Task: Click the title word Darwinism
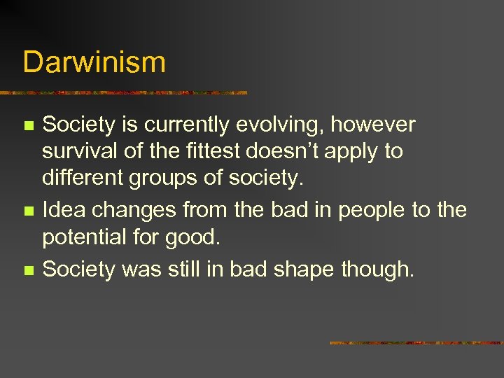click(94, 62)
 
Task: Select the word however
click(373, 125)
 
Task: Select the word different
click(84, 177)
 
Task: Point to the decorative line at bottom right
click(416, 343)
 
